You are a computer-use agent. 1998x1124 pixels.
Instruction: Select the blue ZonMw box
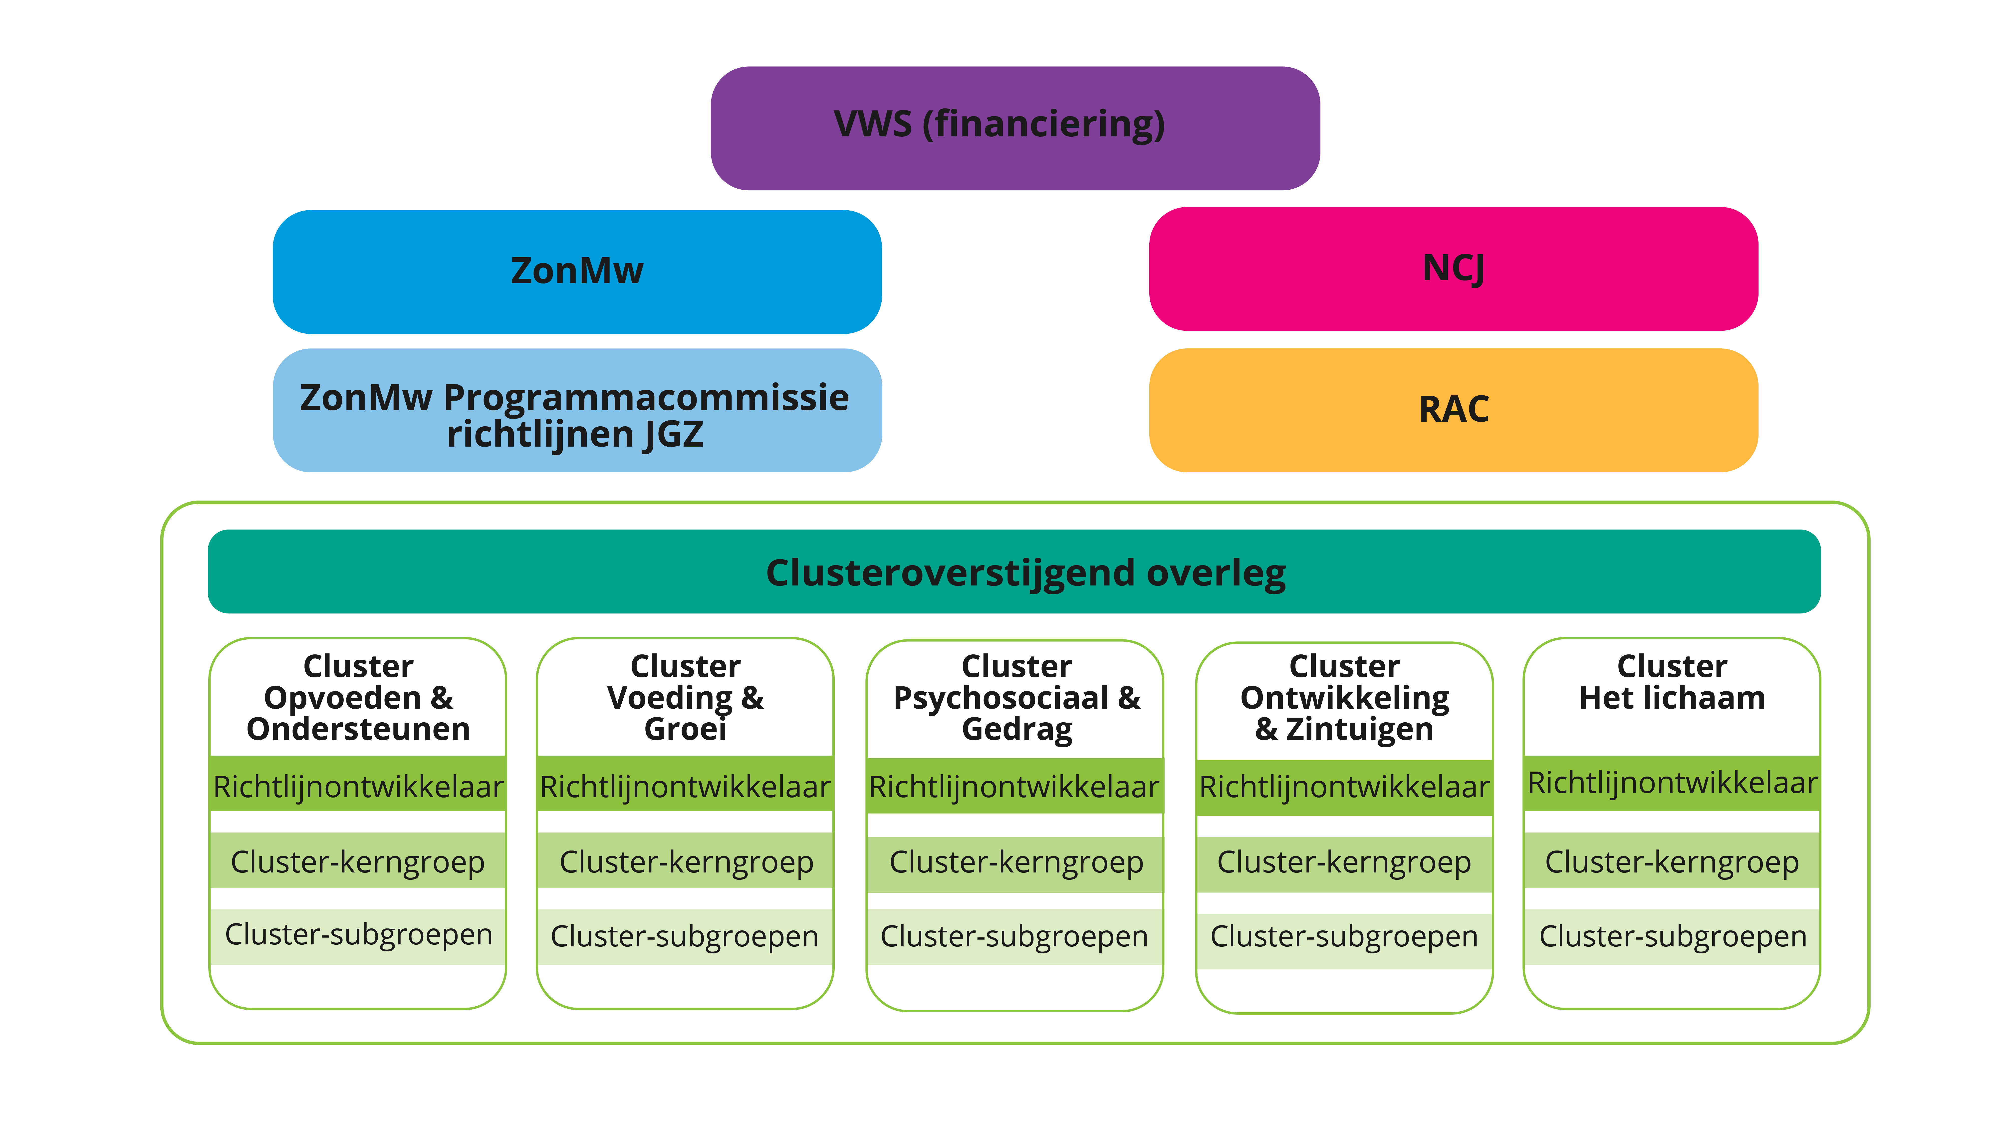coord(577,272)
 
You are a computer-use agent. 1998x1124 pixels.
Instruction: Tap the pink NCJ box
coord(1453,269)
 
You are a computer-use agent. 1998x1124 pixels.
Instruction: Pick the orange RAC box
coord(1453,410)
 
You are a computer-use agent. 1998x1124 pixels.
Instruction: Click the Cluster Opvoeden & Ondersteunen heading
coord(358,697)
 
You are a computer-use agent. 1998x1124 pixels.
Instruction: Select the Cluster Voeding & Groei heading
coord(685,697)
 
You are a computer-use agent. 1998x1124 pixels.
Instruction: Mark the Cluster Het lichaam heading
coord(1672,683)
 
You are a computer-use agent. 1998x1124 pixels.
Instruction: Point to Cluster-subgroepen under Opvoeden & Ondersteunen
coord(358,935)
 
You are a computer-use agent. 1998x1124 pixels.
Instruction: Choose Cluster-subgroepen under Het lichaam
coord(1672,936)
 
